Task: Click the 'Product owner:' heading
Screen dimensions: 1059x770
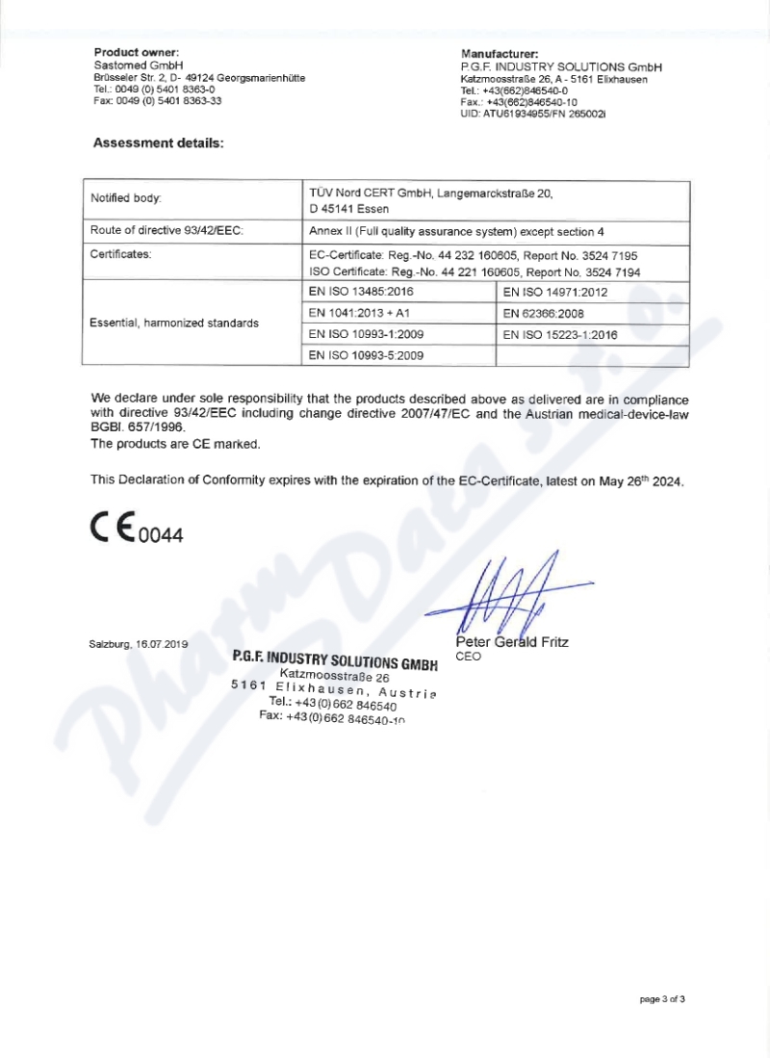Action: tap(137, 51)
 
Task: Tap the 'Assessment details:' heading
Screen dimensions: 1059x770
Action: tap(158, 143)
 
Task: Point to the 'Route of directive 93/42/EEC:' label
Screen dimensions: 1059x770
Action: tap(166, 232)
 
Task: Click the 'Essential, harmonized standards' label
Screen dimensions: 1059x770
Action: tap(174, 323)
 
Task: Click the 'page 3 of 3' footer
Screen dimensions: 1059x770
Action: tap(662, 999)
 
